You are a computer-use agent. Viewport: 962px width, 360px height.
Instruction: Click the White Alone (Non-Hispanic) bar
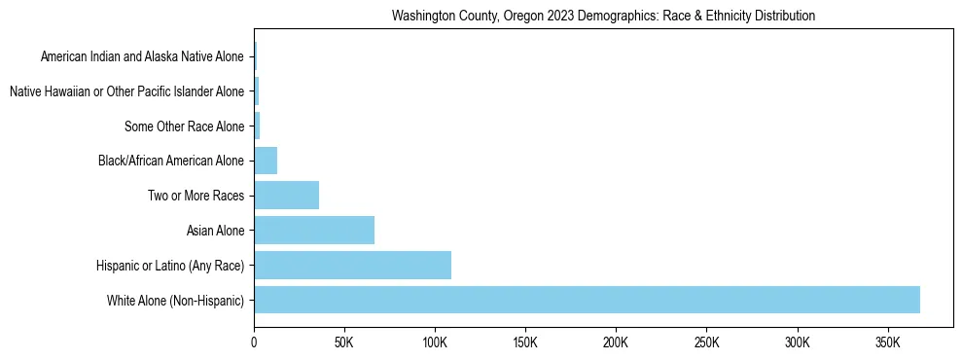[587, 300]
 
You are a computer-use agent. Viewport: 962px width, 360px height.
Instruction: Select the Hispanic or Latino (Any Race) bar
[352, 265]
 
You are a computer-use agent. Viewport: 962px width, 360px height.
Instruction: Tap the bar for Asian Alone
[314, 231]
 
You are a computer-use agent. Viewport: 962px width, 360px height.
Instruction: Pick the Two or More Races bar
[286, 196]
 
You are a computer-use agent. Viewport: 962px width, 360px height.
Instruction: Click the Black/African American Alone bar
[266, 161]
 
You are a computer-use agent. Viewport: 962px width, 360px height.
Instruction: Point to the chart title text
[602, 17]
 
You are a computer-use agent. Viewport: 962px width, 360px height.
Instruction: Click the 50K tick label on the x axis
[344, 342]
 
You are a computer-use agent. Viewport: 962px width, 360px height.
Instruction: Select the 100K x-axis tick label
[435, 342]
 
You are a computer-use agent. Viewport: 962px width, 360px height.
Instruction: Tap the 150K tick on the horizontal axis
[525, 342]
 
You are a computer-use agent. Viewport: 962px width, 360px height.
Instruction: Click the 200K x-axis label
[616, 342]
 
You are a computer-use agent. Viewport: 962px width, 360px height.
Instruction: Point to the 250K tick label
[706, 342]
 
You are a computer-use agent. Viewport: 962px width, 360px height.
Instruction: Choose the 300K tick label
[797, 342]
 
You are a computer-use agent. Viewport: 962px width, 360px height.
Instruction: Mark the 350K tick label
[887, 342]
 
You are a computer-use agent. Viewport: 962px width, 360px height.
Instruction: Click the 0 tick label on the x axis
[254, 342]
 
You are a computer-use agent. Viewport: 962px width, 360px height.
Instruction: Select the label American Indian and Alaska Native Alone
[142, 56]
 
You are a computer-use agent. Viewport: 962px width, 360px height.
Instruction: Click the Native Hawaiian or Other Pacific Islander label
[126, 91]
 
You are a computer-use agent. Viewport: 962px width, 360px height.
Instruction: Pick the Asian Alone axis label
[215, 231]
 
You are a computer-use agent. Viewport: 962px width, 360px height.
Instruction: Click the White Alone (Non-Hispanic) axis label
[176, 300]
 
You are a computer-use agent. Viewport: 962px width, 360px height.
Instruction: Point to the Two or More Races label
[196, 196]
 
